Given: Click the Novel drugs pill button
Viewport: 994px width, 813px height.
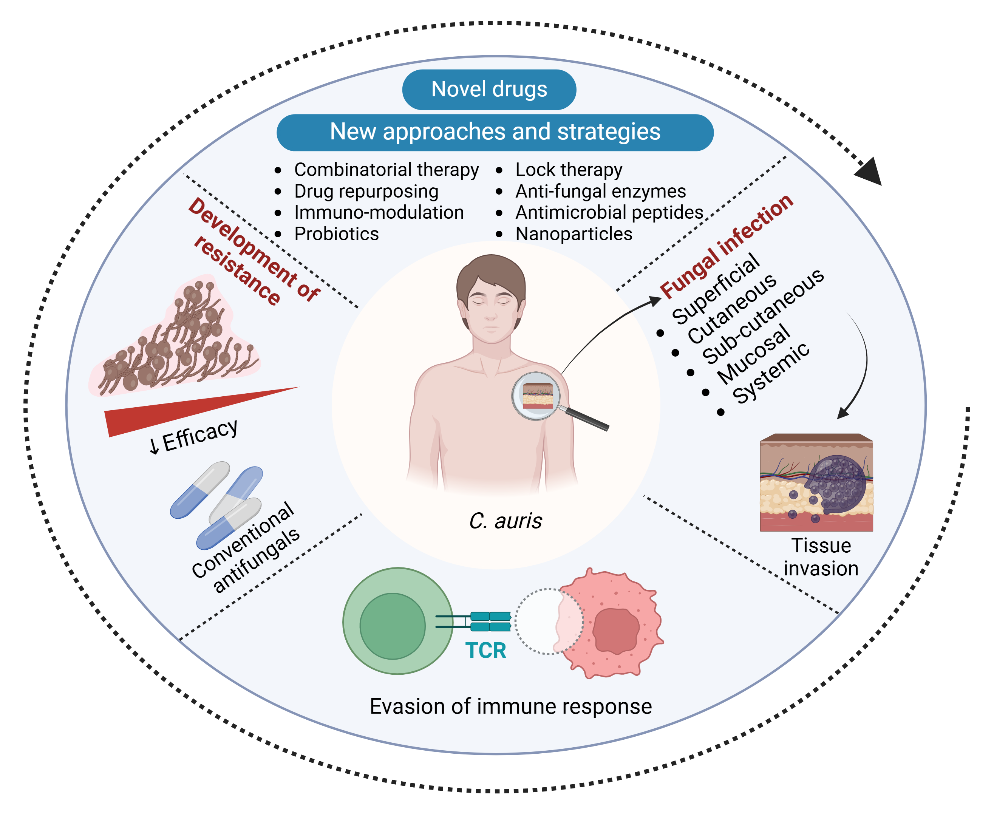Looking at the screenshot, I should [x=489, y=90].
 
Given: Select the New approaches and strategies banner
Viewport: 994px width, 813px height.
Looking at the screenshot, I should [x=495, y=132].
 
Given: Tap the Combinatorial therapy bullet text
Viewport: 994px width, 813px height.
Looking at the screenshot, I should [x=386, y=170].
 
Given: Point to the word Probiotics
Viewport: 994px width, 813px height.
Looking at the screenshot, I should [x=336, y=234].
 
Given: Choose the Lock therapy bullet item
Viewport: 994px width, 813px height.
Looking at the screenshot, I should [x=568, y=170].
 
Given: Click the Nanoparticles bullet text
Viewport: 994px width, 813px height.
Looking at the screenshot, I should [x=574, y=234].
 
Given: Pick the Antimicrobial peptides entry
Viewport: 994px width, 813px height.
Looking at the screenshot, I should [x=609, y=213].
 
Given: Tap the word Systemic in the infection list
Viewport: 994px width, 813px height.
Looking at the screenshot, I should [x=771, y=373].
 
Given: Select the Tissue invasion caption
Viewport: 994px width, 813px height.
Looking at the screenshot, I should [x=821, y=557].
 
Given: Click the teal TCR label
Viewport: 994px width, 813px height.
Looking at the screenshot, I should [x=485, y=651].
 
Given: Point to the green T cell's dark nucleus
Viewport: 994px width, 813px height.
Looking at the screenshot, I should [x=393, y=626].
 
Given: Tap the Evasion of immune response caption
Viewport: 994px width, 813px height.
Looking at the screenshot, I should [x=510, y=706].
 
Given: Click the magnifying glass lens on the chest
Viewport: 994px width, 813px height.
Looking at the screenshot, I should [x=537, y=396].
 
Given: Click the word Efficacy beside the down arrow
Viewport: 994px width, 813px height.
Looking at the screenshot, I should [x=200, y=435].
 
